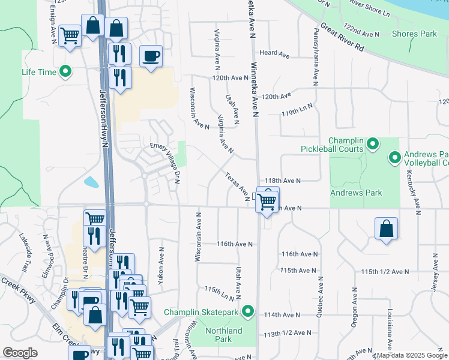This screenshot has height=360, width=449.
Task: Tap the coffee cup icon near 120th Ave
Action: click(x=150, y=56)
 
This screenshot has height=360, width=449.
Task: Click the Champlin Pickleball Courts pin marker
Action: click(x=372, y=143)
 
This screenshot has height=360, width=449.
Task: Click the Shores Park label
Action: click(x=414, y=34)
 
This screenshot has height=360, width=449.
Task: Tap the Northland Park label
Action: click(x=223, y=335)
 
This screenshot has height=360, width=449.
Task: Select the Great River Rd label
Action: click(x=342, y=37)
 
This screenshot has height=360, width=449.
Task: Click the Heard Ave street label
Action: click(x=274, y=54)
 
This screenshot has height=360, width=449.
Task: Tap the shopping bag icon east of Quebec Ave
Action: click(x=386, y=229)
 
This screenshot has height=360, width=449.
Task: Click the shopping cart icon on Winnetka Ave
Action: click(x=267, y=200)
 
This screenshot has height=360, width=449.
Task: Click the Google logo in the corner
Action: click(x=20, y=353)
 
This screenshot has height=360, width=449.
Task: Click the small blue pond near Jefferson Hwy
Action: click(x=92, y=181)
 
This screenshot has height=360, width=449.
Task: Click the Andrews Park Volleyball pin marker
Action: click(x=395, y=158)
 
